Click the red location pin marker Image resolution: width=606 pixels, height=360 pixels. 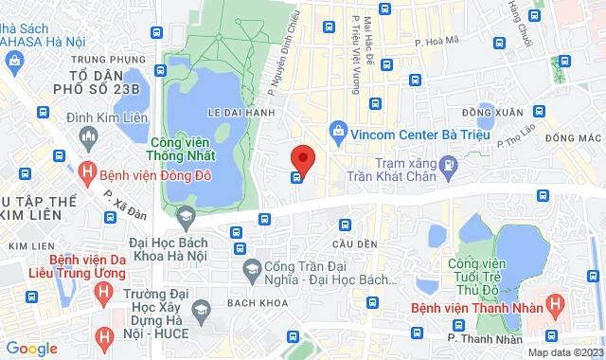301,158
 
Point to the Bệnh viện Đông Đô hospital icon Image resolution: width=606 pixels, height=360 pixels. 88,173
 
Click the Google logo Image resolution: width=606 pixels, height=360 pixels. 31,348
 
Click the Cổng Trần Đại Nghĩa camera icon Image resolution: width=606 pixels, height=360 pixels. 252,271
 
